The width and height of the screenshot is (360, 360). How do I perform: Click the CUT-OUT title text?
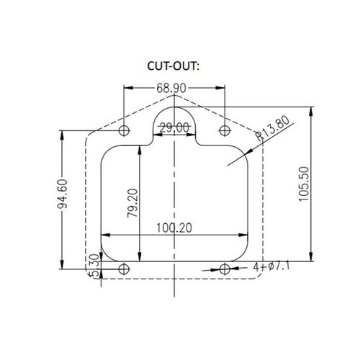174,66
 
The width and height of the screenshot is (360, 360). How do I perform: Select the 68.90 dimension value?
171,88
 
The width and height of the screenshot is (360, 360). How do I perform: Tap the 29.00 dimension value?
174,127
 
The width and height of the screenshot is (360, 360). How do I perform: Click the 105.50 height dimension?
304,184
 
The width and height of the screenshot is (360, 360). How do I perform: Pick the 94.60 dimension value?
63,194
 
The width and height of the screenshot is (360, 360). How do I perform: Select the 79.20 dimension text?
132,203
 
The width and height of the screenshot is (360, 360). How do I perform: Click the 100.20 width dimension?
174,228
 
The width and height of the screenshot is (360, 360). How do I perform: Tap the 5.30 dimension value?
94,266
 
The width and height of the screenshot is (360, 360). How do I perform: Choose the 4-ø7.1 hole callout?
271,266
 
